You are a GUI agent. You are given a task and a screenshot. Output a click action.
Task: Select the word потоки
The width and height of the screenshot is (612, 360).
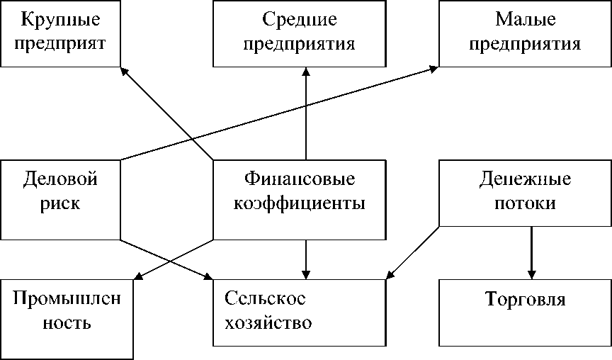[x=525, y=203]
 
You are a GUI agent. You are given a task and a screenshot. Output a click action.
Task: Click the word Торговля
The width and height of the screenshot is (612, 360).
[x=525, y=299]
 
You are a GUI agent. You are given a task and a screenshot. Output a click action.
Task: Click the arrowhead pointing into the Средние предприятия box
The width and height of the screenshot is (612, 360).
[x=306, y=72]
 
